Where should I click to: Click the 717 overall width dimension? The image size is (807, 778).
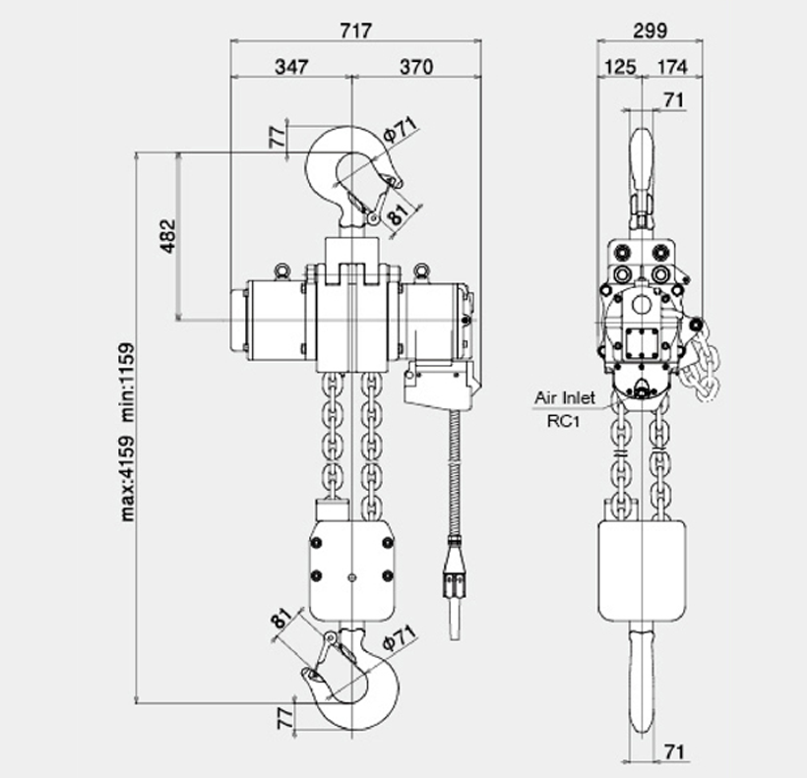pos(355,30)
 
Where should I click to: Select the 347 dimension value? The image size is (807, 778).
pos(292,67)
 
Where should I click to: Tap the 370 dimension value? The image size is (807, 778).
pos(416,67)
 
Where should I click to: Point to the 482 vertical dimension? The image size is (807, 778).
pos(167,236)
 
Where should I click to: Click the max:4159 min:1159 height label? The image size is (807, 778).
pos(127,432)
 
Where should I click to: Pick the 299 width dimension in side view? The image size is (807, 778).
pos(650,30)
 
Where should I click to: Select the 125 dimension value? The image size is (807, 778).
pos(620,67)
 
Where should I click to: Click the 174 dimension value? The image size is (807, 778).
pos(673,67)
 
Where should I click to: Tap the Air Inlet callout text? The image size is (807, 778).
pos(565,397)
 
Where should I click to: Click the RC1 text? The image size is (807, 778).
pos(563,422)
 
